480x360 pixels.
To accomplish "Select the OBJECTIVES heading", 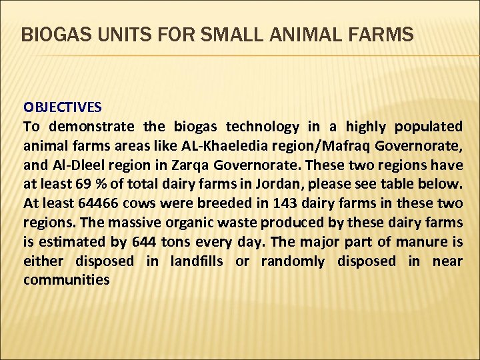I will click(63, 107).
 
